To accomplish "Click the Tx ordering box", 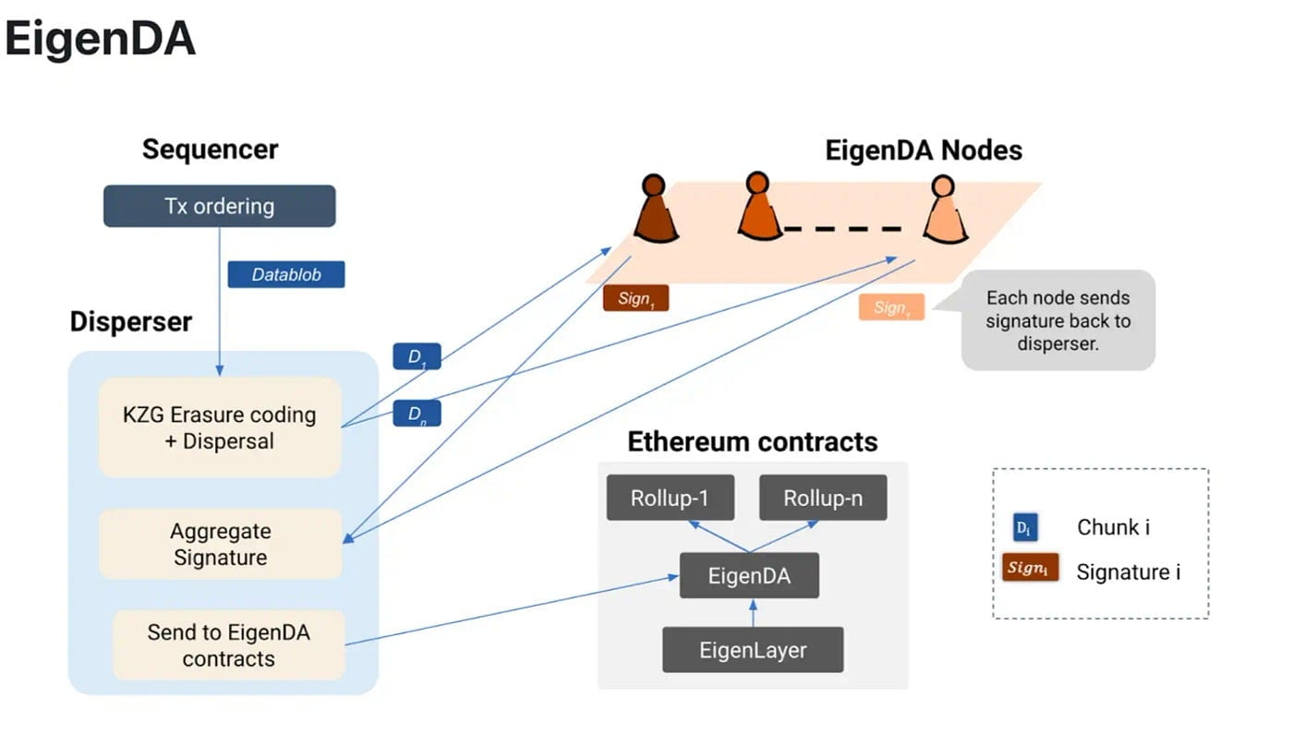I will [x=219, y=206].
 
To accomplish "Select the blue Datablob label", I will [x=285, y=274].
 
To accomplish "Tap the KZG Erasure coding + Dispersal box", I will [x=220, y=427].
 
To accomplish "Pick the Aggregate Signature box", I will [x=220, y=544].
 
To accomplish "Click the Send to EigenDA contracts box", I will [x=228, y=645].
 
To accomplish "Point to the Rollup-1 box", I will [x=670, y=499].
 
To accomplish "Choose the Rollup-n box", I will [x=823, y=499].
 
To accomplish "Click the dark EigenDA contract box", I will [x=749, y=576].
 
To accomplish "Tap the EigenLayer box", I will [x=753, y=650].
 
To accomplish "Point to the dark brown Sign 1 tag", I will [x=635, y=298].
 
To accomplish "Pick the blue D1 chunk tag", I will [x=417, y=356].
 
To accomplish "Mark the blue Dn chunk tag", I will [x=417, y=414].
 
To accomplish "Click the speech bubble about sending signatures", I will [x=1058, y=320].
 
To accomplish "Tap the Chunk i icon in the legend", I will [x=1024, y=527].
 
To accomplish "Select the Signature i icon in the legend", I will [x=1030, y=568].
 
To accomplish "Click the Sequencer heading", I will [x=210, y=150].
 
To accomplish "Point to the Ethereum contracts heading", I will [x=753, y=441].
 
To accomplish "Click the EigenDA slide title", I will [x=100, y=41].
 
